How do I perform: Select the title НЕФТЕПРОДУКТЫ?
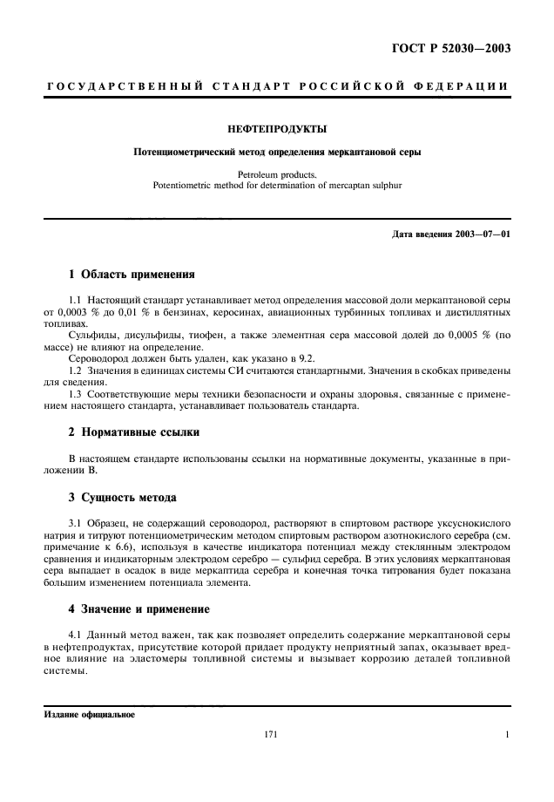(276, 129)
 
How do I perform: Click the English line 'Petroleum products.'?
(276, 173)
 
